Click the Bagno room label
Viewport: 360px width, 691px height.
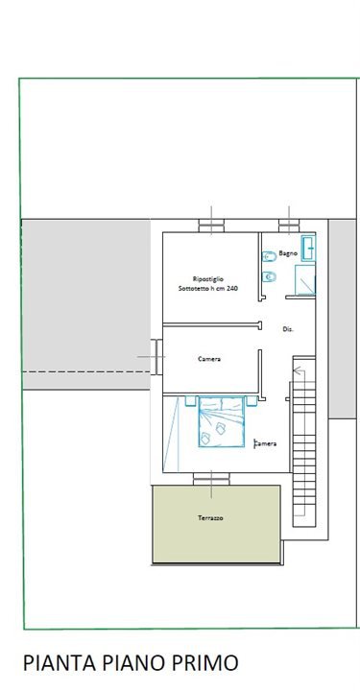(x=288, y=253)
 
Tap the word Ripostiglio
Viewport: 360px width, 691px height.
(x=208, y=279)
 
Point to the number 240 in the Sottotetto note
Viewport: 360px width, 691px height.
(x=239, y=289)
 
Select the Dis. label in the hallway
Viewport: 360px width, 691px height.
(x=288, y=329)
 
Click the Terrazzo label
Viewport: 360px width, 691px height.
(x=210, y=518)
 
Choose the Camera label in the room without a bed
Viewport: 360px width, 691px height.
(x=209, y=359)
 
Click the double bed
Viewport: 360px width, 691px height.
(x=221, y=421)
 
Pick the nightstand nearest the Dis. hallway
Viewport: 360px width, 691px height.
(x=252, y=401)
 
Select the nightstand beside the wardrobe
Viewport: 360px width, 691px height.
(x=190, y=401)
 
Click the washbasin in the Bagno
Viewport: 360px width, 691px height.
(x=308, y=249)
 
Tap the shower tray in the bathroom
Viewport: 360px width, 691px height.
(x=305, y=279)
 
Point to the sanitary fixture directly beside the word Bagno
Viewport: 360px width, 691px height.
(x=269, y=256)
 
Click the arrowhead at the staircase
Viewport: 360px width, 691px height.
(x=297, y=370)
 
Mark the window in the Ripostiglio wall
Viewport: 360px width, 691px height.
(x=211, y=226)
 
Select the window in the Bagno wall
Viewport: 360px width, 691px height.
(x=289, y=226)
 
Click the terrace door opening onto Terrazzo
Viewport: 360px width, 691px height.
(x=211, y=479)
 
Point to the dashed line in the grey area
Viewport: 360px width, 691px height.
(x=86, y=372)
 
